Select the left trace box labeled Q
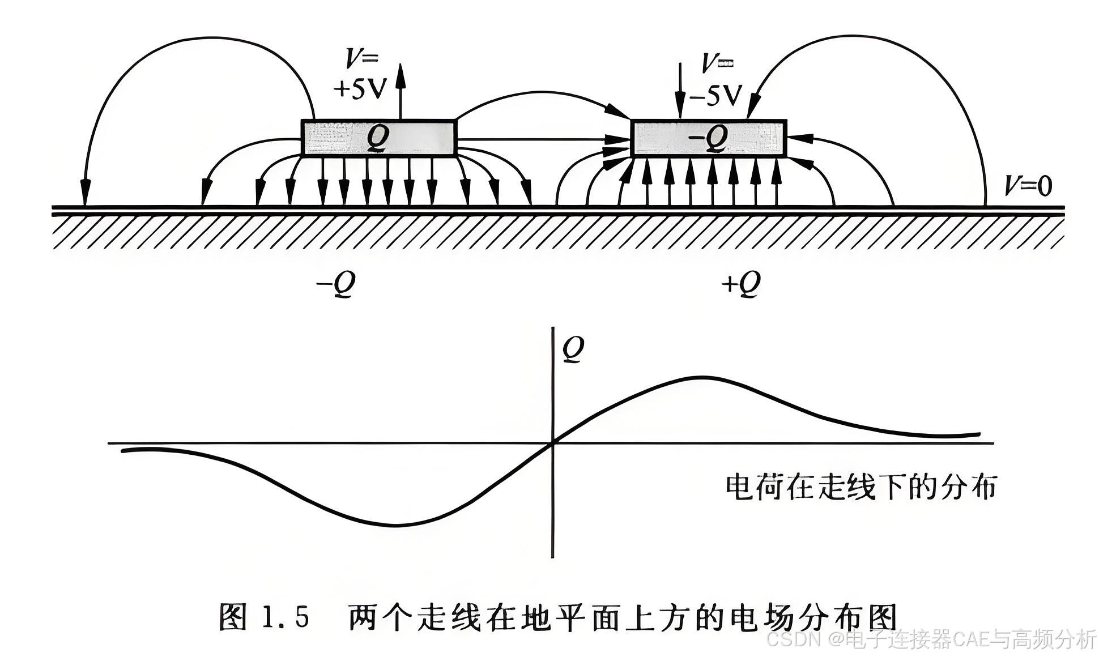point(378,138)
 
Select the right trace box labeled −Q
point(708,138)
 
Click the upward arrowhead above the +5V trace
point(401,74)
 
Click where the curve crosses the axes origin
point(552,443)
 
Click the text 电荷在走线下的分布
point(861,488)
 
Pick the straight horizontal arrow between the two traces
point(544,139)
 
